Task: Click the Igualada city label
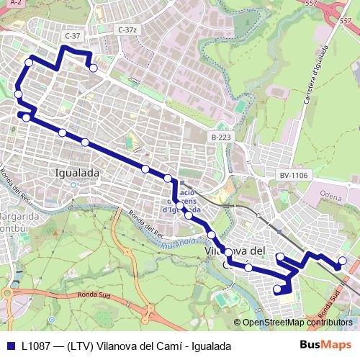click(x=77, y=173)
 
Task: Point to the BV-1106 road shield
click(x=293, y=175)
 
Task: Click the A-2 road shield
click(x=17, y=4)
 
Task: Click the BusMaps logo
click(x=325, y=345)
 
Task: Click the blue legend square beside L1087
click(x=10, y=346)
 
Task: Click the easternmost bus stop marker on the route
click(x=343, y=261)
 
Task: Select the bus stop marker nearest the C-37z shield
click(x=93, y=68)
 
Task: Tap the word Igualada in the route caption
click(x=212, y=346)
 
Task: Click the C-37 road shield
click(x=72, y=35)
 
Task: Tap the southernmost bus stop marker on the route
click(x=277, y=289)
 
